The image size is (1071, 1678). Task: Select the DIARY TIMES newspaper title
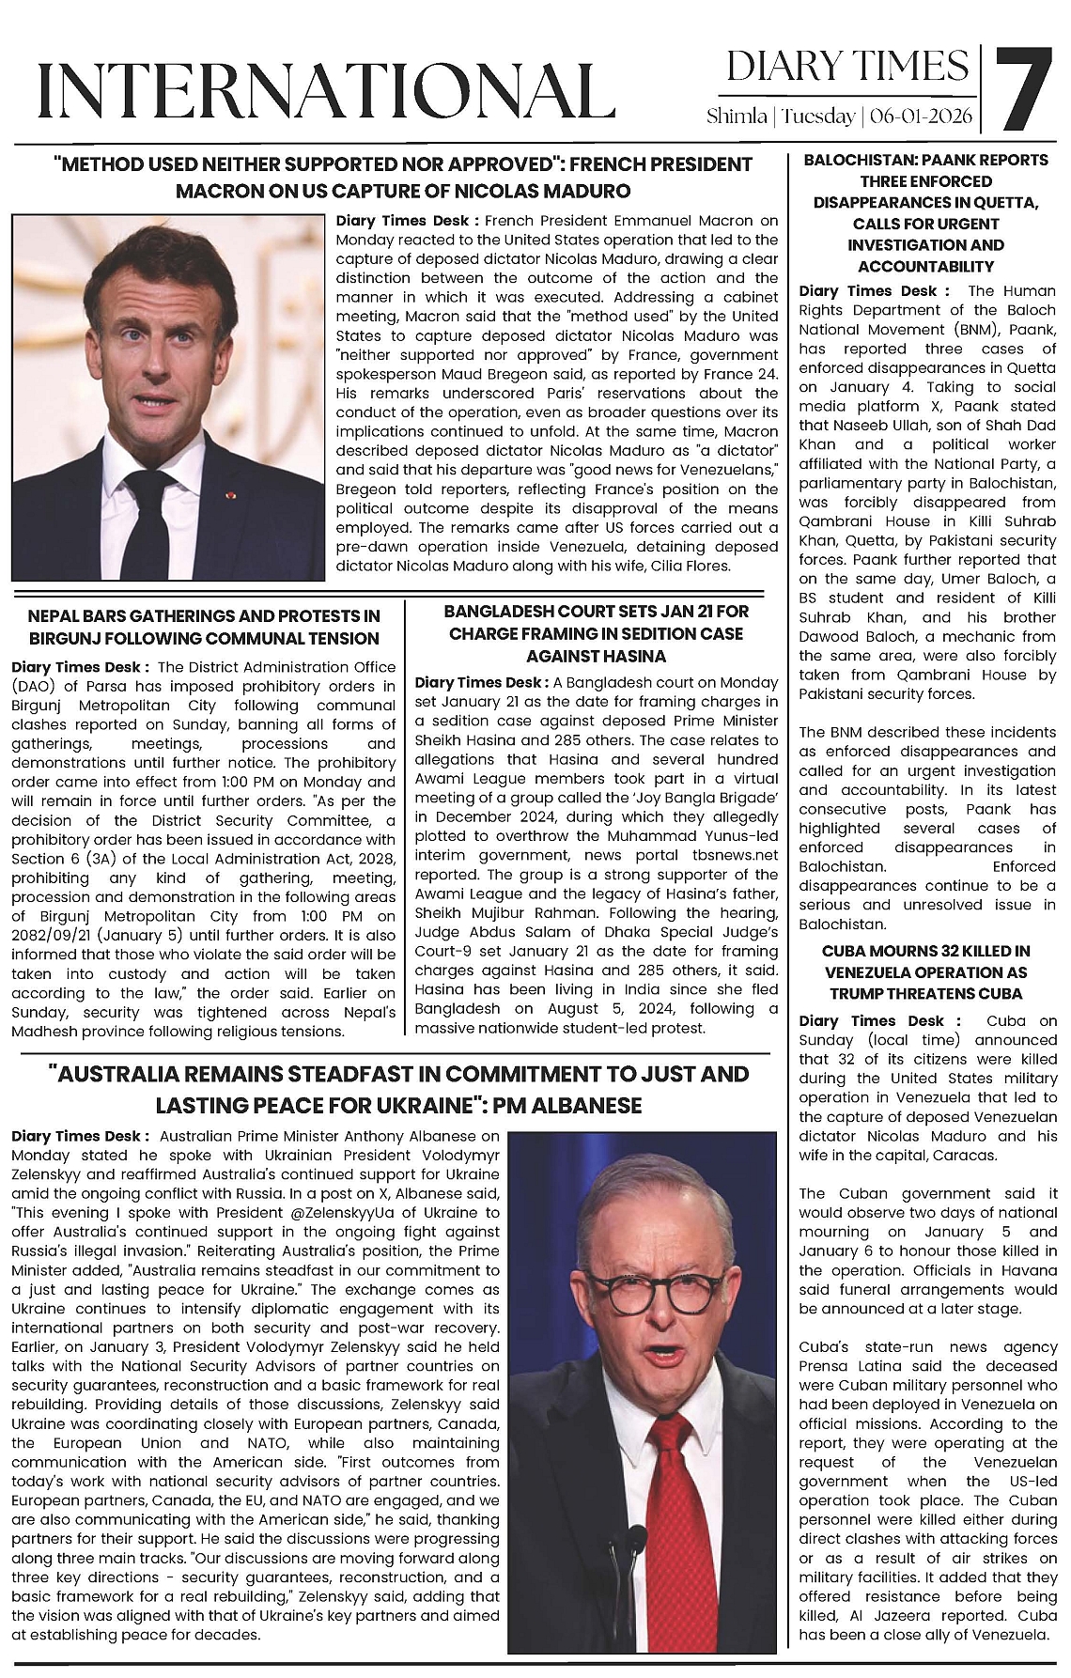click(x=847, y=67)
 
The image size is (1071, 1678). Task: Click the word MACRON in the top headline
click(x=220, y=191)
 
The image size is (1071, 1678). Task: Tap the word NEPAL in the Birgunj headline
click(x=54, y=616)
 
